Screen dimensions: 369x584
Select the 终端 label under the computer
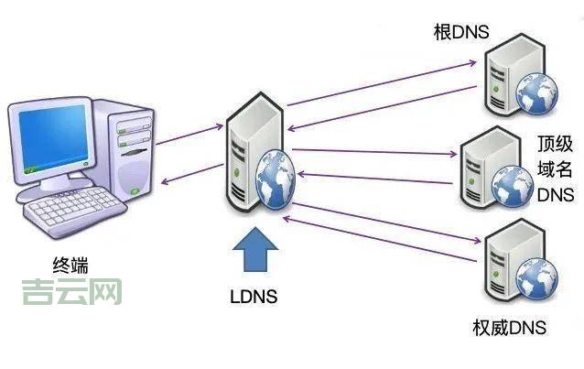[72, 266]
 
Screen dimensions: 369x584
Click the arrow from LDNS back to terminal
[192, 174]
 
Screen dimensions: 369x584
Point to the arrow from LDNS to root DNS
[384, 81]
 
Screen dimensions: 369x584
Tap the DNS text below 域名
[555, 194]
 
